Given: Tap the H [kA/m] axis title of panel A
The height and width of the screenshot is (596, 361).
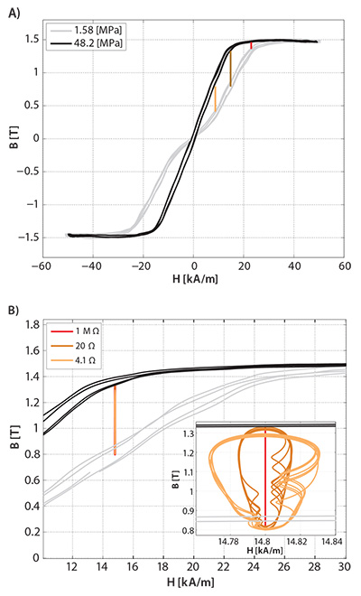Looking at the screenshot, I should (x=193, y=283).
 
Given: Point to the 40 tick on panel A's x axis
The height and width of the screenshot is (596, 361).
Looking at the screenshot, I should (x=294, y=266).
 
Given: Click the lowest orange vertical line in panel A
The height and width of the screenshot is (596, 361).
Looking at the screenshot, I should (x=215, y=98).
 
